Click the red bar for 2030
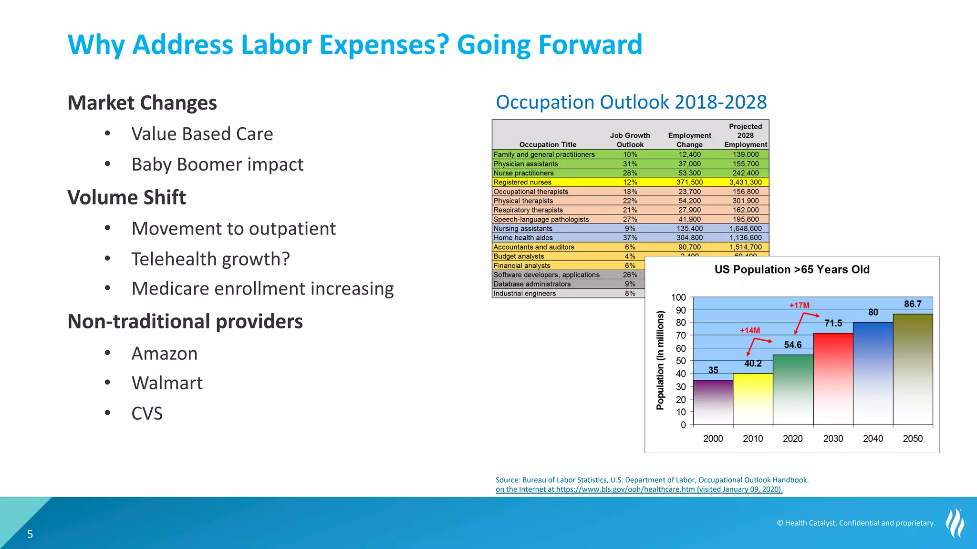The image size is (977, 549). coord(833,379)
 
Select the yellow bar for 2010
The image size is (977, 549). coord(753,399)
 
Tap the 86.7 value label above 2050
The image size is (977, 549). coord(913,304)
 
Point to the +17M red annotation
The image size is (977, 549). coord(799,305)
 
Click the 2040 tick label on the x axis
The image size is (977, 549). coord(873,438)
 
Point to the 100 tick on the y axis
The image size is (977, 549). coord(678,297)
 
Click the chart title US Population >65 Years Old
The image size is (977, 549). coord(792,270)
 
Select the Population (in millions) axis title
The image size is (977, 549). coord(660,360)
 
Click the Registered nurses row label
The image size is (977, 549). coord(522,183)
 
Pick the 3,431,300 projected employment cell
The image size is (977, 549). coord(745,183)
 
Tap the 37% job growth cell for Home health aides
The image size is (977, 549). coord(630,238)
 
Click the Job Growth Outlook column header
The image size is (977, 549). coord(630,140)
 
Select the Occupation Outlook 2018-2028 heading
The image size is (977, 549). coord(631,102)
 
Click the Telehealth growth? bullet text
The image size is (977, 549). coord(210,259)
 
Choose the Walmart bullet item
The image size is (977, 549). coord(167,383)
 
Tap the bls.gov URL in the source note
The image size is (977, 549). coord(625,489)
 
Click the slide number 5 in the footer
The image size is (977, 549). coord(30,534)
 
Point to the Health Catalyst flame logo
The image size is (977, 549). coord(955,523)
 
